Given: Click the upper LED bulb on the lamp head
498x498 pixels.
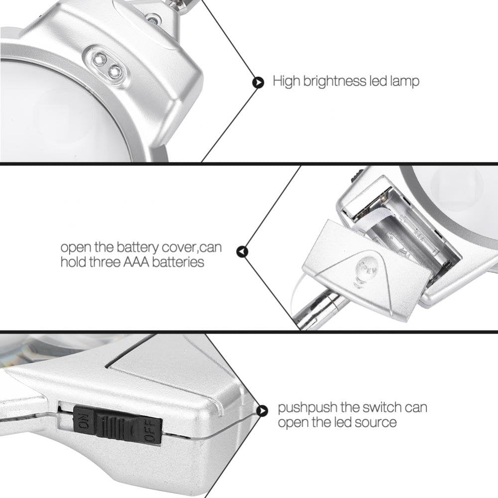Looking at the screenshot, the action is [100, 58].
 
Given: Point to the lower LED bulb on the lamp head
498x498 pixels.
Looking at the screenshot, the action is [115, 71].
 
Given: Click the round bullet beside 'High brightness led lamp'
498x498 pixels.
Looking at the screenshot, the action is [258, 83].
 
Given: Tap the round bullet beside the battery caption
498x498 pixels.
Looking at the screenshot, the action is [243, 251].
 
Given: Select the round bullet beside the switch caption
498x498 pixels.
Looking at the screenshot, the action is [261, 411].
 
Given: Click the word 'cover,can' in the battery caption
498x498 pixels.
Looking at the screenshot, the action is [192, 248].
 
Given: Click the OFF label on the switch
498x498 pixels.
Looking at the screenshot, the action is [150, 430].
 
